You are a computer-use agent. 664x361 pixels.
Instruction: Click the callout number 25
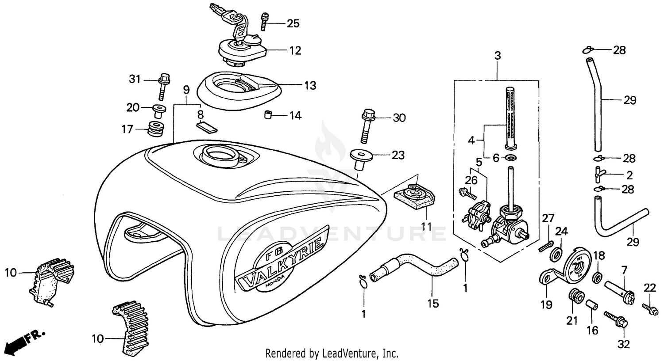[293, 23]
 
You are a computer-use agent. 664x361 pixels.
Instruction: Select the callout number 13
[310, 85]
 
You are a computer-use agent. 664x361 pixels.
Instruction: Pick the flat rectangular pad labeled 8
[207, 127]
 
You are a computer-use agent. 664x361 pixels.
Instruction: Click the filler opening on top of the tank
[216, 155]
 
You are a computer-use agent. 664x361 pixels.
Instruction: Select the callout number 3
[498, 56]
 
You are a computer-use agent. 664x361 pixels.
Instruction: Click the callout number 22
[649, 288]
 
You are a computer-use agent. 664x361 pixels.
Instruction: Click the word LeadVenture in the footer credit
[352, 353]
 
